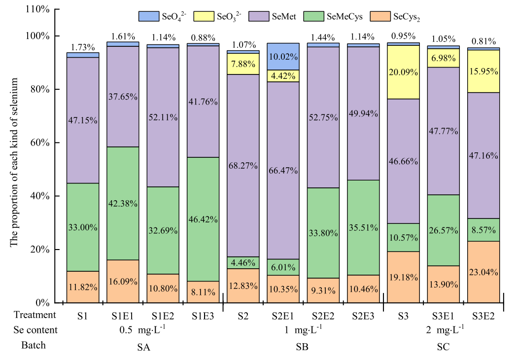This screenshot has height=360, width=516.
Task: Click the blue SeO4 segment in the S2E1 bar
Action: [283, 57]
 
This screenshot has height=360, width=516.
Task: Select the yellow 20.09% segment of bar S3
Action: [403, 72]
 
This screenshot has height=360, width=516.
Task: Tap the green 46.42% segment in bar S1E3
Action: [203, 219]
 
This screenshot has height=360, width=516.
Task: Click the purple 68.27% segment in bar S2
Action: [243, 166]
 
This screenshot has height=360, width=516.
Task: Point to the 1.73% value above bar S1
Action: [83, 47]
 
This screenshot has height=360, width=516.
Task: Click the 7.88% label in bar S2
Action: [243, 64]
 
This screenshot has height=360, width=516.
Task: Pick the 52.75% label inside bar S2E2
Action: [323, 117]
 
